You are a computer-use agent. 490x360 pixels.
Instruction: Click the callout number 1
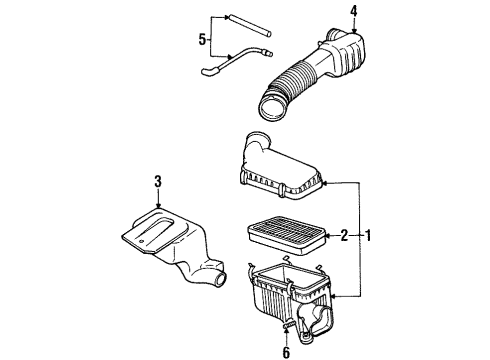[x=370, y=238]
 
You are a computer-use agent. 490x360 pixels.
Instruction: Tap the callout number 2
[x=344, y=236]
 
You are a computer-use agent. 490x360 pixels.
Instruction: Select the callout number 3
[x=158, y=182]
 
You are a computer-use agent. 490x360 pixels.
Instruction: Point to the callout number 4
[x=354, y=11]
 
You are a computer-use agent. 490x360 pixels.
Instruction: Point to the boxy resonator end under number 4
[x=352, y=50]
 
